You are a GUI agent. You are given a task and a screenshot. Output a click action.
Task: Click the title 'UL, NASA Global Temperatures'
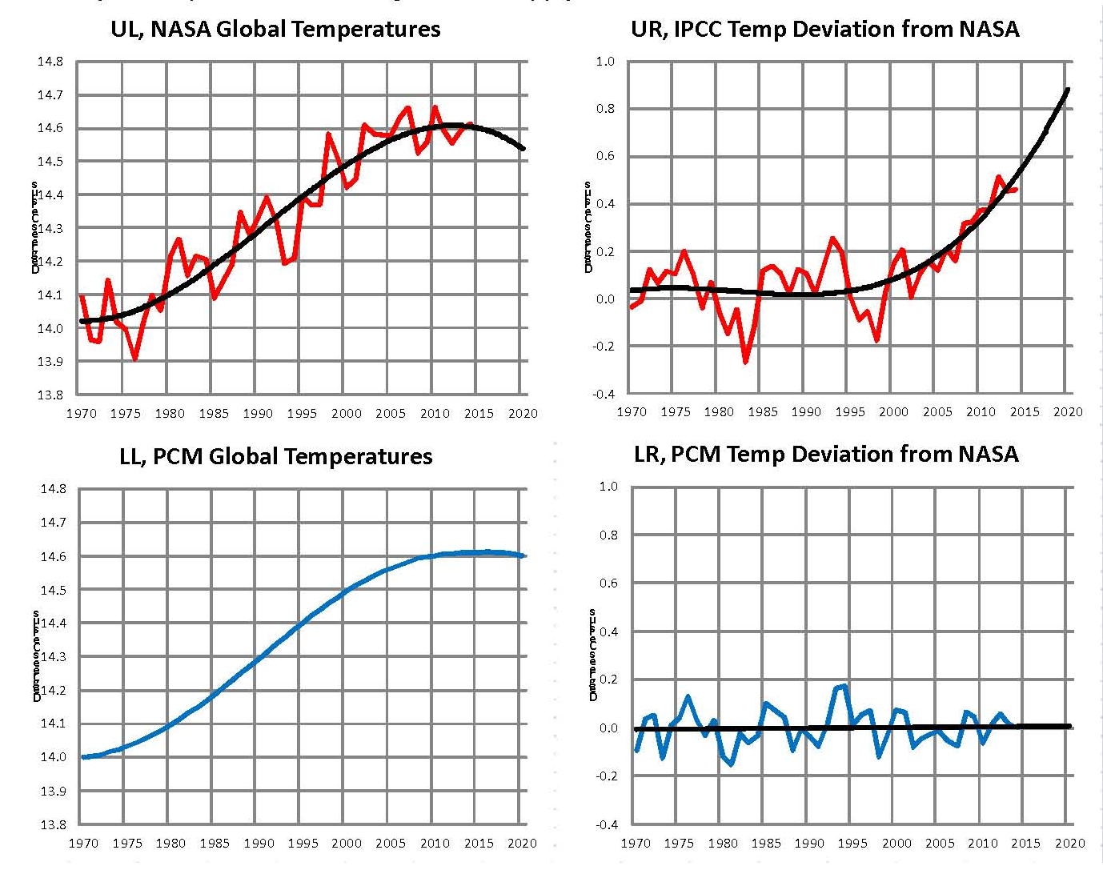coord(275,30)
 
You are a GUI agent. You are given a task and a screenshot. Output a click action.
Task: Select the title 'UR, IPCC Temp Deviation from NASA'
coord(824,30)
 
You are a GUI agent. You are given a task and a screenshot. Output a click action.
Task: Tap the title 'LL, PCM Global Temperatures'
coord(275,457)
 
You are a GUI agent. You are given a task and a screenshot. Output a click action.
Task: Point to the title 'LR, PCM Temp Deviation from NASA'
coord(826,455)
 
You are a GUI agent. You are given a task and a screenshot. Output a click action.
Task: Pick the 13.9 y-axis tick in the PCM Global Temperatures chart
coord(53,791)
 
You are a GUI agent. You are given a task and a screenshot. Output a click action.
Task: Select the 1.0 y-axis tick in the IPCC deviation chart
coord(605,62)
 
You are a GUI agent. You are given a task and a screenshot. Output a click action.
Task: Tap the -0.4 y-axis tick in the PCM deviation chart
coord(605,824)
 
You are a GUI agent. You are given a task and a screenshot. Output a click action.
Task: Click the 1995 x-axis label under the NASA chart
coord(302,414)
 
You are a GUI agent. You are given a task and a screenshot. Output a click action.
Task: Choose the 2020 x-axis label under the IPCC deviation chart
coord(1068,411)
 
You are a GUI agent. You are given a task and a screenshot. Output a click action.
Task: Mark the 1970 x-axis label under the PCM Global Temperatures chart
coord(83,843)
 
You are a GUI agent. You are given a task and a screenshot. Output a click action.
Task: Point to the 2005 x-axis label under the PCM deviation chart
coord(940,843)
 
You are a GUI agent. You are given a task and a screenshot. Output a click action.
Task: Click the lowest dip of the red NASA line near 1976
coord(134,359)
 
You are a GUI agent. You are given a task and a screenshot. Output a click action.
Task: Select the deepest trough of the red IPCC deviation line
coord(746,363)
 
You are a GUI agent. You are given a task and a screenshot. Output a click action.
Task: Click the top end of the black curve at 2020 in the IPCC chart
coord(1068,90)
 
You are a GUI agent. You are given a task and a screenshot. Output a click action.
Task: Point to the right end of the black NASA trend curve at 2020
coord(523,148)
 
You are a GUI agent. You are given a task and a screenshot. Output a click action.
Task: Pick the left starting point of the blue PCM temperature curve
coord(83,756)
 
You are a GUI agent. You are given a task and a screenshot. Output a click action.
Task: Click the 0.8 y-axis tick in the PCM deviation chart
coord(608,535)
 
